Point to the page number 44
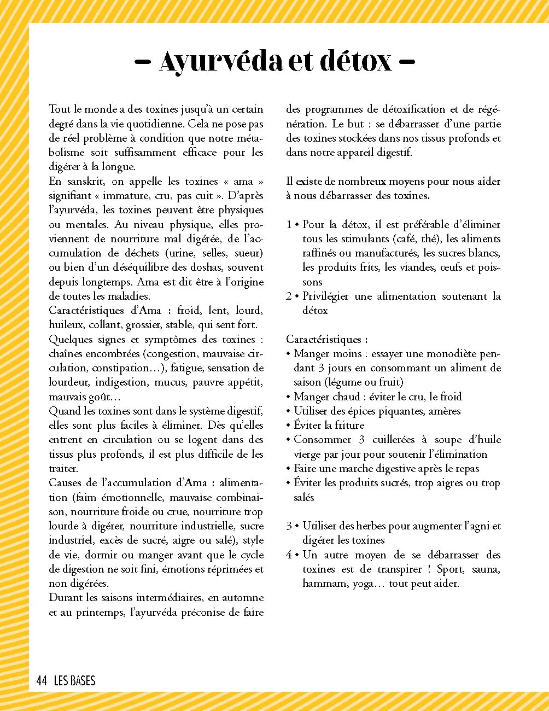[42, 681]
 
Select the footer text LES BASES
[74, 681]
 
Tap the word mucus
[170, 382]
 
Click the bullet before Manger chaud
[288, 397]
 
